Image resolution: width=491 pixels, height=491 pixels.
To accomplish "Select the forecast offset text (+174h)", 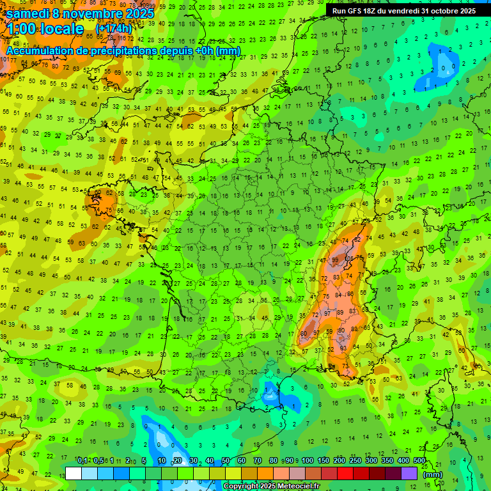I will (114, 29).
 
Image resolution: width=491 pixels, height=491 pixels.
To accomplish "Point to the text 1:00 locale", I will (46, 29).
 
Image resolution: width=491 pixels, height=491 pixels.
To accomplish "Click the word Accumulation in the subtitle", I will (40, 51).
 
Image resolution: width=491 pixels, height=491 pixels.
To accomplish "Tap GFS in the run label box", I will (357, 11).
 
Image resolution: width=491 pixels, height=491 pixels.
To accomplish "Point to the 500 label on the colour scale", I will (419, 460).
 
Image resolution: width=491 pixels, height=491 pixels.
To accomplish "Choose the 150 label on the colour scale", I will (323, 460).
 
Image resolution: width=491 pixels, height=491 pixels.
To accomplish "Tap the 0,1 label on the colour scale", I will (82, 460).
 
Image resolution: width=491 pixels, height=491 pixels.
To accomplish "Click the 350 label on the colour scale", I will (387, 460).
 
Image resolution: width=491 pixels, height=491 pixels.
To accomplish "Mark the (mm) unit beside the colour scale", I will (433, 474).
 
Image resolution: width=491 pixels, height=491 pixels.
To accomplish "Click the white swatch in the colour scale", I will (74, 473).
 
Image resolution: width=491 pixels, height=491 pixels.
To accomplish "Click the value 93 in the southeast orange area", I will (343, 347).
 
